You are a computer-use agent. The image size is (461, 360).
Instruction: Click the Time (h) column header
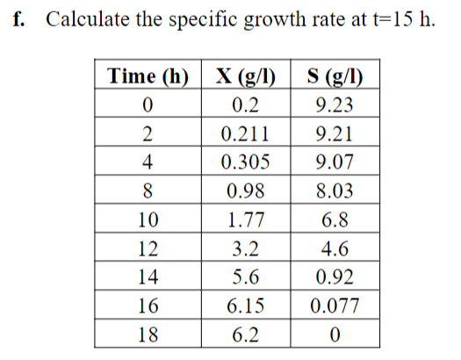coord(148,76)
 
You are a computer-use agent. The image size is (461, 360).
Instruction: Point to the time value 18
coord(148,335)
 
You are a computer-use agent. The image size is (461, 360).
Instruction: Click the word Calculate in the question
coord(84,20)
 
